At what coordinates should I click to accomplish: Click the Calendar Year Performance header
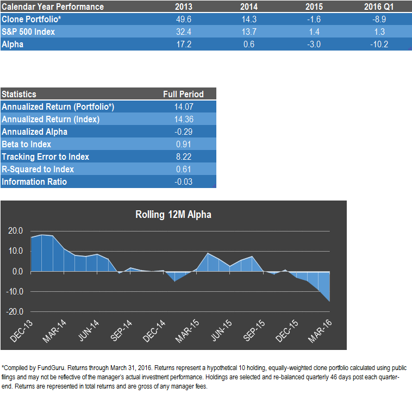(53, 7)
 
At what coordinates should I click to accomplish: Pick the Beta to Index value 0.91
(183, 144)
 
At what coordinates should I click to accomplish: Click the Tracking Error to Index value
(183, 157)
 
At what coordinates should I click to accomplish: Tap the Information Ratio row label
(34, 182)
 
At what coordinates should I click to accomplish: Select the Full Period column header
(183, 94)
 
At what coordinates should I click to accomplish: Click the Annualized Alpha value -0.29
(183, 132)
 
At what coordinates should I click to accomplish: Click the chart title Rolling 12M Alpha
(173, 215)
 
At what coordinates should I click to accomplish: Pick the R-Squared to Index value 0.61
(183, 169)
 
